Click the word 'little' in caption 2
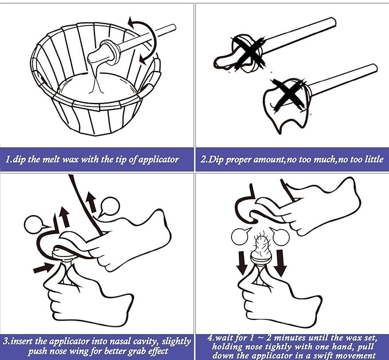[374, 159]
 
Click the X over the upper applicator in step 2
[249, 53]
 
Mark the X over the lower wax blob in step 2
[289, 94]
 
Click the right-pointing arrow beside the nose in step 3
[44, 268]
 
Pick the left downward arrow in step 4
[241, 263]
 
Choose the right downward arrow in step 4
[280, 263]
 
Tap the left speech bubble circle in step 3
[34, 224]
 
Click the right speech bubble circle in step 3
[110, 207]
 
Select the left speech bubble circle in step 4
[240, 236]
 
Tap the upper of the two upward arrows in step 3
[91, 202]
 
